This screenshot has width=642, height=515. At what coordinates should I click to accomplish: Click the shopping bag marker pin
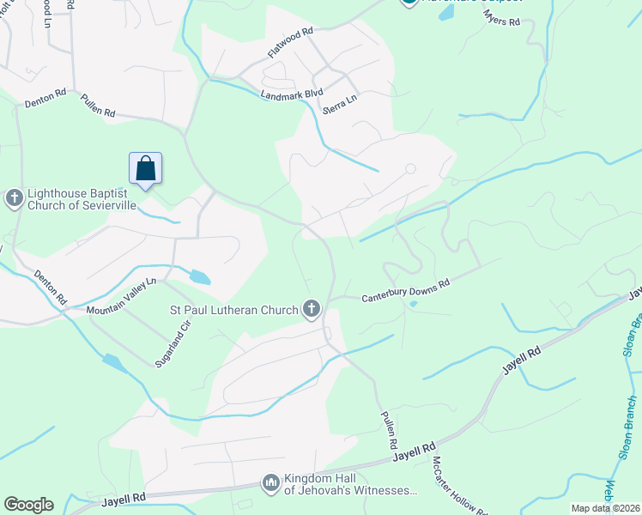(146, 169)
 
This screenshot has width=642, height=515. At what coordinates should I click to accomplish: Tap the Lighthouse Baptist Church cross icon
(14, 199)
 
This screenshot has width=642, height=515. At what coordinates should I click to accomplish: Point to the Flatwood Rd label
(290, 42)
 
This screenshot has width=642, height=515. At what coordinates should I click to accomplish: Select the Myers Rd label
(502, 17)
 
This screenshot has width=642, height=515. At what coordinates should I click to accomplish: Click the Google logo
(28, 505)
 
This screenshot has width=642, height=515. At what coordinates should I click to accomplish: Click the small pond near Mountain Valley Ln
(199, 276)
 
